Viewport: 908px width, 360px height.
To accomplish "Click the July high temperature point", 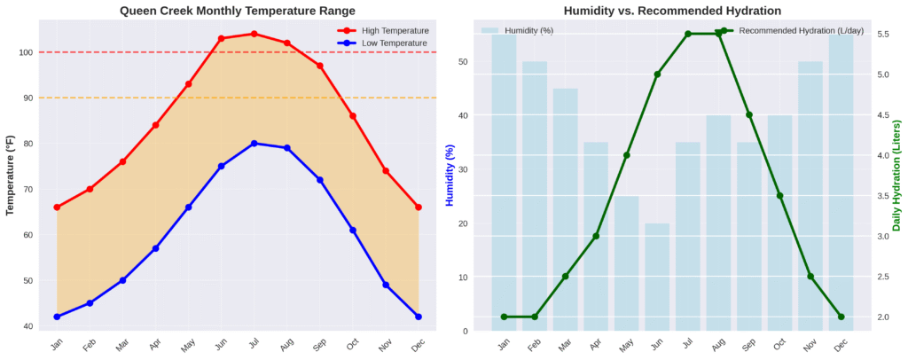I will (254, 34).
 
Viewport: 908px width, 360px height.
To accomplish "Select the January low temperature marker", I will (57, 317).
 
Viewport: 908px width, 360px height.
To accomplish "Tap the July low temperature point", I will (254, 144).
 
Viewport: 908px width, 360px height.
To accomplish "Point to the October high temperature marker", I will (353, 116).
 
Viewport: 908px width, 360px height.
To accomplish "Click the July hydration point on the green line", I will (688, 34).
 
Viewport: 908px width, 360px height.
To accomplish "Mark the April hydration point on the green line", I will (596, 236).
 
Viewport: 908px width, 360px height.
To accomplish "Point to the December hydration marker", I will (841, 317).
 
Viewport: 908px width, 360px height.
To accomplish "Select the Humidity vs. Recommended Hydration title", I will (672, 11).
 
